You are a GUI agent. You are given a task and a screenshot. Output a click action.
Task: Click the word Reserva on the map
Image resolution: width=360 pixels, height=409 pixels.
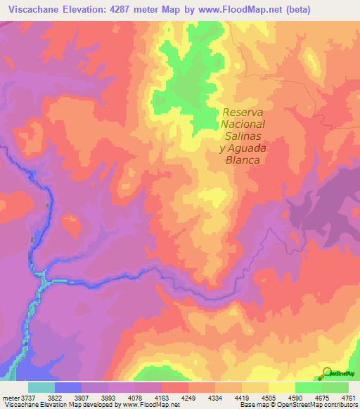coord(243,112)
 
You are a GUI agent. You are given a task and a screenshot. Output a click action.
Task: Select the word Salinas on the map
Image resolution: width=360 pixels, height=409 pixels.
coord(243,136)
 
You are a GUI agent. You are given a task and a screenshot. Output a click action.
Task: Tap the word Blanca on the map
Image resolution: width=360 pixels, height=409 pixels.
coord(243,160)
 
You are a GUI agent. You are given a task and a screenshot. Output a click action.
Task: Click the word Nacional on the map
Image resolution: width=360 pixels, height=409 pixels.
coord(243,124)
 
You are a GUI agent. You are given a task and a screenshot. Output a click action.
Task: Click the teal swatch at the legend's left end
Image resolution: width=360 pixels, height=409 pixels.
coord(41,387)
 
